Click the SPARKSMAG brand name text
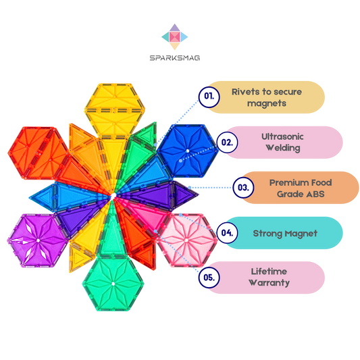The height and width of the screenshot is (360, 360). coord(174,57)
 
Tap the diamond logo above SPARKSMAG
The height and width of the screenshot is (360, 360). coord(174,36)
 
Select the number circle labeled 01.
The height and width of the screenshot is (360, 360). coord(210,97)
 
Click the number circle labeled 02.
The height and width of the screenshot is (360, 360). coord(228,143)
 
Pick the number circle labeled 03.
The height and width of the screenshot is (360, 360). coord(244,187)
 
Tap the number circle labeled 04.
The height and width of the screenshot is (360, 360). coord(228,233)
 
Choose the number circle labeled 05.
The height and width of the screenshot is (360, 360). coord(210,278)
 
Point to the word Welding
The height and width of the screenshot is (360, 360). coord(282,148)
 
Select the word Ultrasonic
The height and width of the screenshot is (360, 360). coord(282,136)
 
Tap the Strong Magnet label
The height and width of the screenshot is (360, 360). coord(281,233)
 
